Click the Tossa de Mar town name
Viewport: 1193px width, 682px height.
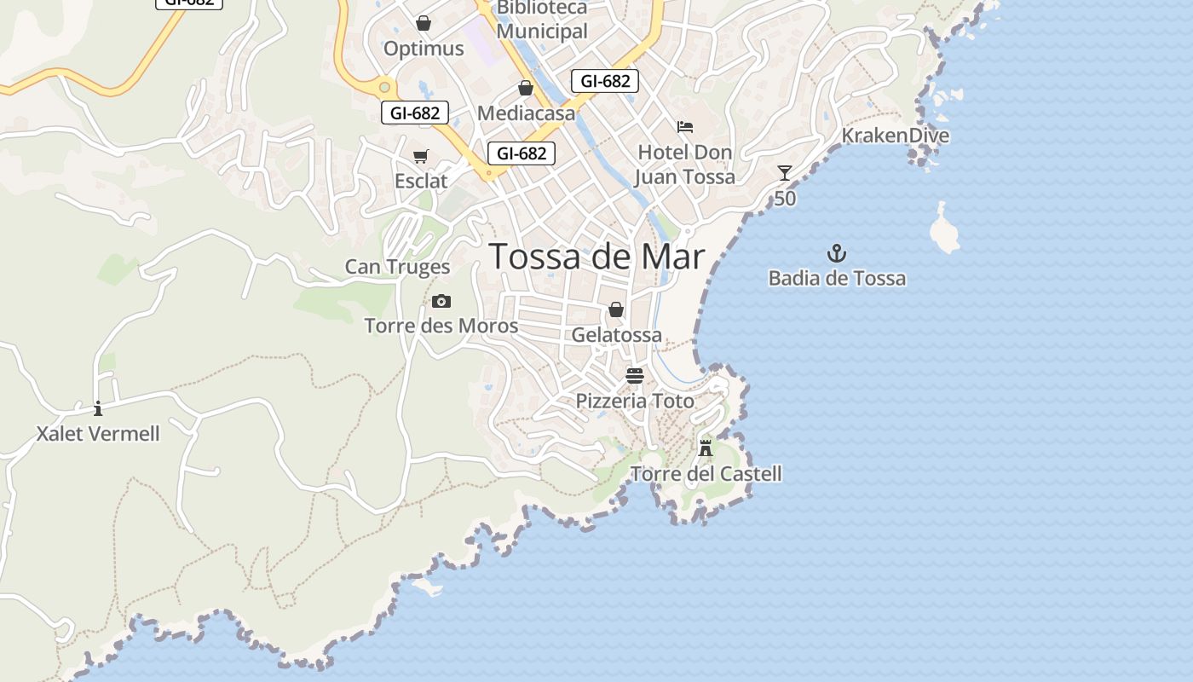(597, 257)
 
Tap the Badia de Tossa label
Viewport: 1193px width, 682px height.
(837, 279)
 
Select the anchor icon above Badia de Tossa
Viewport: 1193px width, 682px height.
(837, 253)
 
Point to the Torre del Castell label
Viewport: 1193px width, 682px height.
(706, 474)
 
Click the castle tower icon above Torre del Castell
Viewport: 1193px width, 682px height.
(706, 448)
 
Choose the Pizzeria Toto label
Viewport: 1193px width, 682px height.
(635, 401)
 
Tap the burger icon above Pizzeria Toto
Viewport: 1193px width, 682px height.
(635, 376)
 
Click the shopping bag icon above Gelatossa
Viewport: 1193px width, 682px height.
(616, 309)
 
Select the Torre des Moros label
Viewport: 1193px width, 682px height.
(441, 326)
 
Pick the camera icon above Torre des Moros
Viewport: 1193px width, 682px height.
(441, 301)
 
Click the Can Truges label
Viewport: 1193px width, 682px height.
(397, 267)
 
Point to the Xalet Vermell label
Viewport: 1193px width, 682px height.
(98, 434)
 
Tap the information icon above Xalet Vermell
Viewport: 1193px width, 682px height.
(98, 408)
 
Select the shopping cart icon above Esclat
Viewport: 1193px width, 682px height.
(420, 156)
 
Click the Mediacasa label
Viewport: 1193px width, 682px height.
(526, 113)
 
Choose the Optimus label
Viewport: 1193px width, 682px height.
(424, 49)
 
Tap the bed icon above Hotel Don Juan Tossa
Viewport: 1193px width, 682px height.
(685, 127)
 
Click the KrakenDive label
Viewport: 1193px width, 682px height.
(895, 136)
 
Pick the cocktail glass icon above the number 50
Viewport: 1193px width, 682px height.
(785, 173)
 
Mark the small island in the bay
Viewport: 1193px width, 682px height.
(944, 230)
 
